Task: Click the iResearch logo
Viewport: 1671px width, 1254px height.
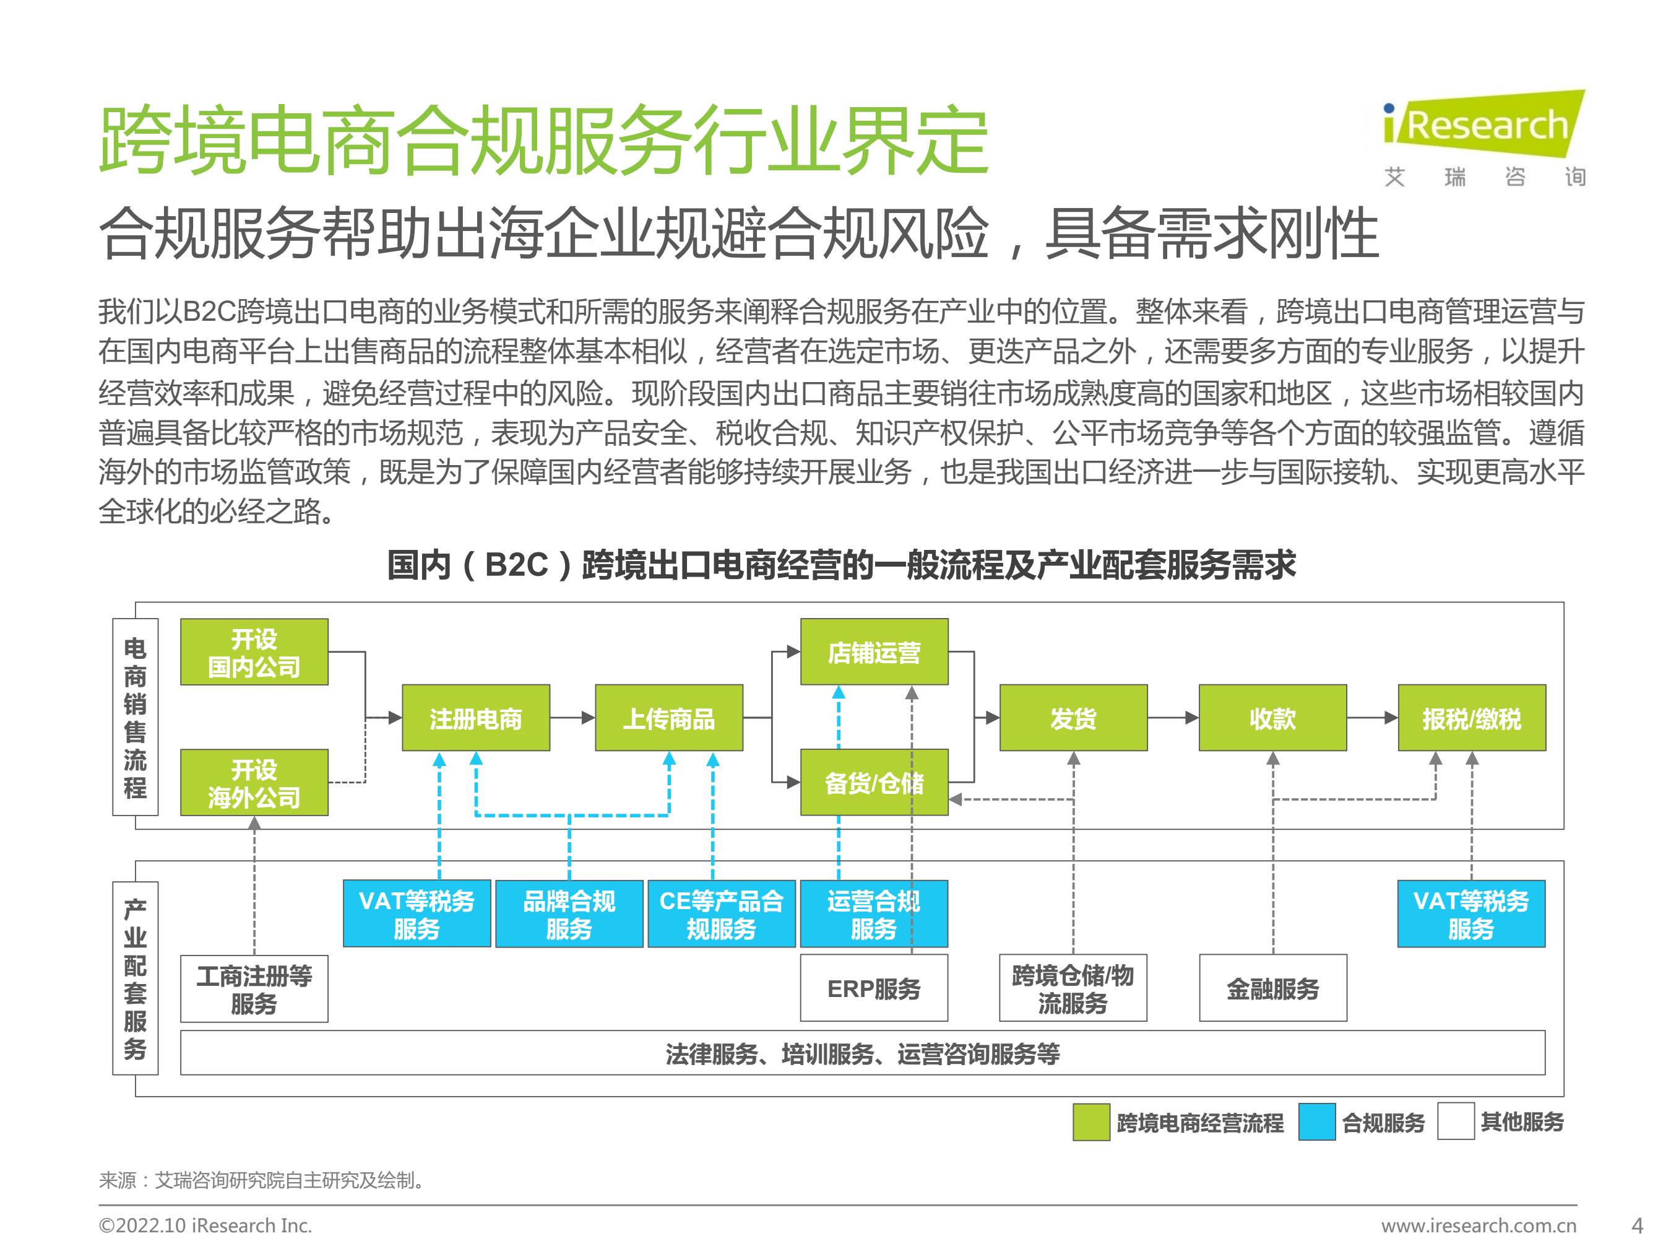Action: [x=1483, y=138]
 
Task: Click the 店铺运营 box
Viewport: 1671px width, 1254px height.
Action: [x=874, y=651]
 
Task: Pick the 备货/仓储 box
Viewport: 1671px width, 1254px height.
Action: [x=874, y=782]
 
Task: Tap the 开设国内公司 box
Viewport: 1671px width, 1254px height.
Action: [x=254, y=651]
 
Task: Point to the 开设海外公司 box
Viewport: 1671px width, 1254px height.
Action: [x=254, y=782]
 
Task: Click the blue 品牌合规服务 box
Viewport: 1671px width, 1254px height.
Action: [x=569, y=913]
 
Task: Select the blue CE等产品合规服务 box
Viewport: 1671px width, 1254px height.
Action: [x=722, y=913]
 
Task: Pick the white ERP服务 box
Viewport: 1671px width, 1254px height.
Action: [x=874, y=988]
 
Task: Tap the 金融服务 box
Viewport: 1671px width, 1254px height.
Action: [x=1273, y=988]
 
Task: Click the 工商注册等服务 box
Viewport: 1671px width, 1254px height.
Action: [x=254, y=989]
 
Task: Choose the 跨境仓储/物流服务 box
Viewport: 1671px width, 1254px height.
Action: [x=1073, y=988]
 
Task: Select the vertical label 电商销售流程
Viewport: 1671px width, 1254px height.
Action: [x=135, y=716]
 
